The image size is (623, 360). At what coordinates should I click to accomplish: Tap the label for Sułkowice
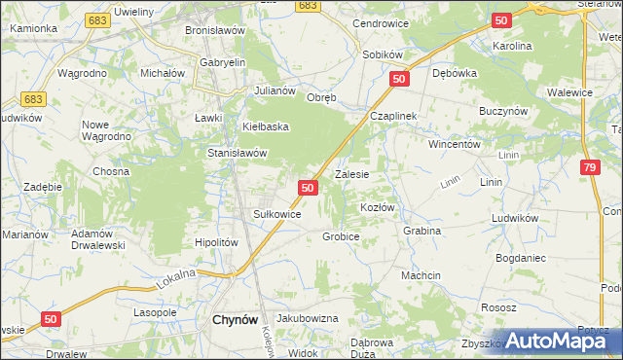[276, 213]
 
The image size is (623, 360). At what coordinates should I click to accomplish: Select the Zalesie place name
[351, 175]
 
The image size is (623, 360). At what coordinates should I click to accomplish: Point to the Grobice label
[342, 236]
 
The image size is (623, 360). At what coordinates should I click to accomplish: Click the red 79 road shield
[590, 167]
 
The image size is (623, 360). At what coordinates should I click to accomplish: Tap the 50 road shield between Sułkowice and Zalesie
[308, 187]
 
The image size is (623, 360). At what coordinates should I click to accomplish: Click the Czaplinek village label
[393, 116]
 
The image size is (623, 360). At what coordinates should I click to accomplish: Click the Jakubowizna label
[307, 318]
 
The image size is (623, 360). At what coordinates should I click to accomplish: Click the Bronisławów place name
[215, 30]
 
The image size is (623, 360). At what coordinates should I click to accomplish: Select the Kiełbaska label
[267, 126]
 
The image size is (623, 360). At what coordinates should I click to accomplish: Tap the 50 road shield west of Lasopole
[53, 318]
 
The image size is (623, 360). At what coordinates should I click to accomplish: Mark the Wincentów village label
[456, 143]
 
